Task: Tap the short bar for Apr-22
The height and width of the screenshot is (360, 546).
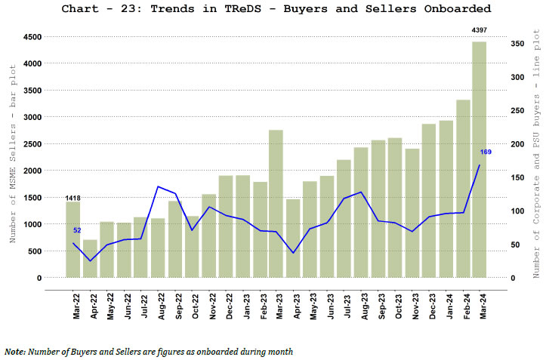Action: coord(90,258)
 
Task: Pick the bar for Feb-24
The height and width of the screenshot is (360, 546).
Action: coord(462,189)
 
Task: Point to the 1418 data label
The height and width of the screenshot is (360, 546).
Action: coord(72,198)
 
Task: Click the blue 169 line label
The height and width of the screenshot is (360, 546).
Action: coord(486,152)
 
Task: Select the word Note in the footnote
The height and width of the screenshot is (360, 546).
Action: coord(14,351)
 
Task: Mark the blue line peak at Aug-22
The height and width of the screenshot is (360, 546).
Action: coord(157,186)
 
